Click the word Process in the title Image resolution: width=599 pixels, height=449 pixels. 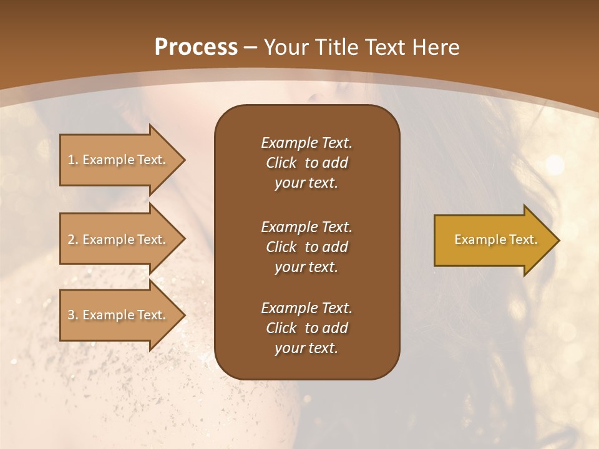[196, 47]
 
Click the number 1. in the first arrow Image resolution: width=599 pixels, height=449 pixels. [73, 160]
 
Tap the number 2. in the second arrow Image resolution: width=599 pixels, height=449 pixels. [73, 239]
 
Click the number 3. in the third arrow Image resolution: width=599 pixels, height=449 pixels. [73, 315]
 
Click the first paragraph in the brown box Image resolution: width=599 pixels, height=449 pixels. [306, 163]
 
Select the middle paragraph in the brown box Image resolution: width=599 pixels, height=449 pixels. [306, 246]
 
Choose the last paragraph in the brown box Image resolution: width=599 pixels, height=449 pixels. [306, 328]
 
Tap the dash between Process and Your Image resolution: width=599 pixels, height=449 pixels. [251, 47]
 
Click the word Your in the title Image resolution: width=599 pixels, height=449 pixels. [284, 47]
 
